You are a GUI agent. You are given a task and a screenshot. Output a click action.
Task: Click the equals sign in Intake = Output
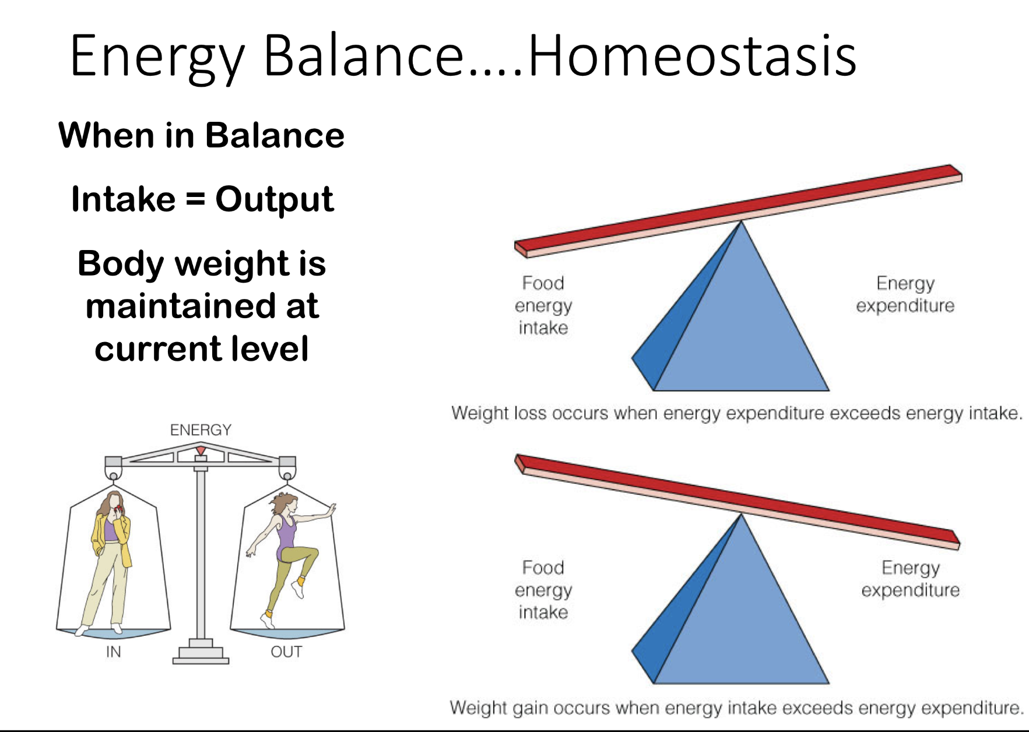point(196,199)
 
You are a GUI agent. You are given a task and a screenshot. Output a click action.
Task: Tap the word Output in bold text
point(274,199)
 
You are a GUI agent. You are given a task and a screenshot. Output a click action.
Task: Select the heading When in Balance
point(201,135)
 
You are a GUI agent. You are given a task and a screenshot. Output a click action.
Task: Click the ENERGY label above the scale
point(201,430)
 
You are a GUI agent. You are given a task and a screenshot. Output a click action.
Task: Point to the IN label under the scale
point(114,652)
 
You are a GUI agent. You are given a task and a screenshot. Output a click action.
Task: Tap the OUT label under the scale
point(286,652)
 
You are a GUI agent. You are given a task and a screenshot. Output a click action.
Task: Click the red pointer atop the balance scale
point(201,451)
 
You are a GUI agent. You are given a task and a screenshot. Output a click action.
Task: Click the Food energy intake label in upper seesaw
point(543,305)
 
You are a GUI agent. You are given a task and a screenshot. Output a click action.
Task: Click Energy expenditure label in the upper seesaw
point(905,294)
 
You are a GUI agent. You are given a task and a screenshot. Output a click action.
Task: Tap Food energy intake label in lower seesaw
point(543,590)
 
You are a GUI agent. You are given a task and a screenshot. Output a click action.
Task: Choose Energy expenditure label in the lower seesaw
point(910,579)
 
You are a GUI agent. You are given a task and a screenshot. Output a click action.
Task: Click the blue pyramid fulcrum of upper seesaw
point(740,326)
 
